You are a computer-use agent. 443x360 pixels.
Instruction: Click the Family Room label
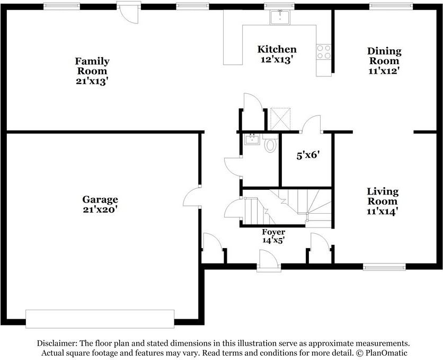coord(92,66)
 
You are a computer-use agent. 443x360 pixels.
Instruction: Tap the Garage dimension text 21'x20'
coord(100,209)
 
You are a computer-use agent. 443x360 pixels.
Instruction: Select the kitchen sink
coord(279,17)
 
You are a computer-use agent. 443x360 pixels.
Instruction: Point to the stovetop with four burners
coord(324,52)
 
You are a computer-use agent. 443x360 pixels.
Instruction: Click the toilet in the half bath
coord(270,143)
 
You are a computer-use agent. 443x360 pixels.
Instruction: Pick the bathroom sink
coord(252,139)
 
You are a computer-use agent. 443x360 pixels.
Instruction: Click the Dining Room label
coord(384,56)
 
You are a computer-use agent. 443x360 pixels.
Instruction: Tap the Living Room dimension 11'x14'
coord(383,211)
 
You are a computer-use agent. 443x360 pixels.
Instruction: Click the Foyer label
coord(273,232)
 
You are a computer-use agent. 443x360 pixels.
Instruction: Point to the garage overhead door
coord(100,319)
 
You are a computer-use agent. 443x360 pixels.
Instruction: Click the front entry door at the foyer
coord(269,261)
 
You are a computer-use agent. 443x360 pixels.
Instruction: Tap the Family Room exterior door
coord(129,13)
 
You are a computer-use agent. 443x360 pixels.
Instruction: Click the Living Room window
coord(384,267)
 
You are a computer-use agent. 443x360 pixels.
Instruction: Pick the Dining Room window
coord(391,6)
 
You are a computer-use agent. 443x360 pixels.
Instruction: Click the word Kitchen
coord(277,49)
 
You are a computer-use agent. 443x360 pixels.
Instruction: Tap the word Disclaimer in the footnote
coord(57,344)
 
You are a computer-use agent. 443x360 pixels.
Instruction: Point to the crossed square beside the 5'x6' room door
coord(280,119)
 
